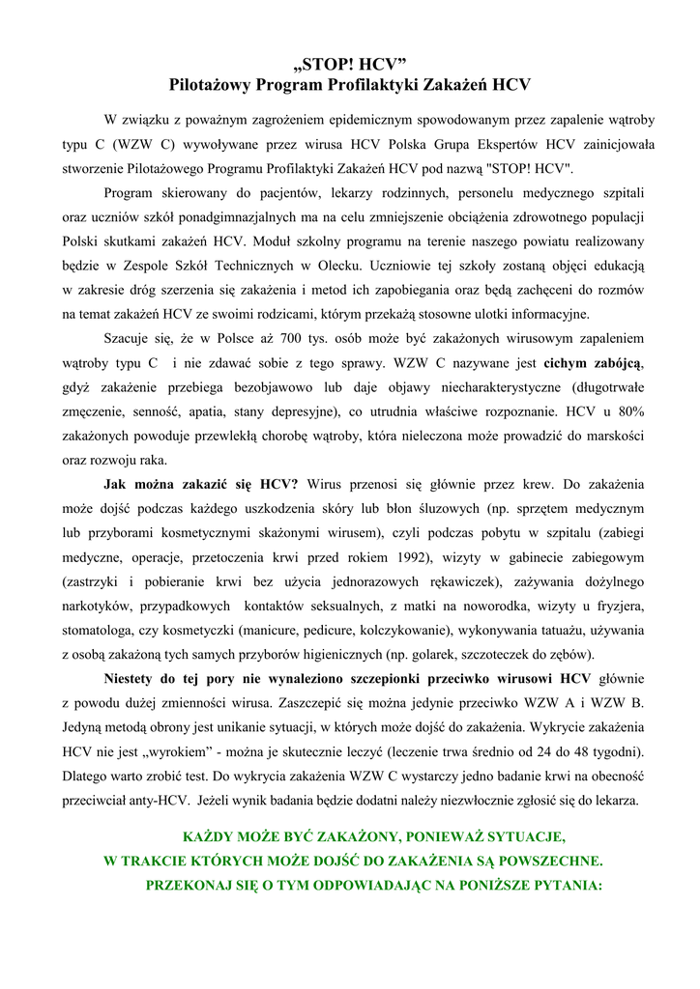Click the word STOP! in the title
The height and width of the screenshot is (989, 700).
[327, 66]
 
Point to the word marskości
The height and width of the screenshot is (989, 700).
[612, 436]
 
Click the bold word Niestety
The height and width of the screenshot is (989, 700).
[131, 677]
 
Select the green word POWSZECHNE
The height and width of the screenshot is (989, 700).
[553, 860]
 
